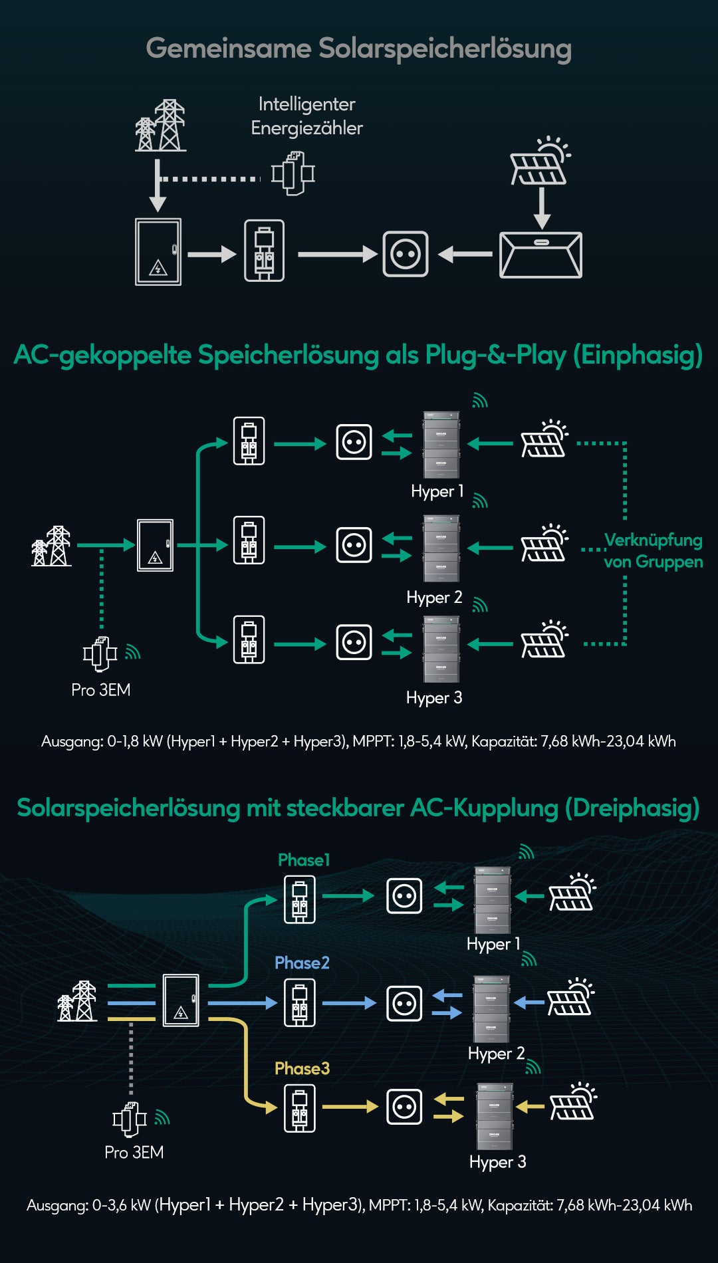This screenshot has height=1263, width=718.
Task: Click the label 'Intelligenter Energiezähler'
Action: pyautogui.click(x=306, y=116)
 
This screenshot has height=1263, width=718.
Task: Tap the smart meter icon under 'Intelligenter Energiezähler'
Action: pyautogui.click(x=293, y=173)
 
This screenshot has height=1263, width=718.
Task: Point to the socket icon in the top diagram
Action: pyautogui.click(x=406, y=254)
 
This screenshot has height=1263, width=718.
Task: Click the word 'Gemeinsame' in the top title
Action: pyautogui.click(x=228, y=49)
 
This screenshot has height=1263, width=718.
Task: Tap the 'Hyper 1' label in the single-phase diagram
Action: pyautogui.click(x=437, y=491)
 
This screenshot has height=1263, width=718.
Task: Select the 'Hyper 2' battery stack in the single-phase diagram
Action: pyautogui.click(x=441, y=548)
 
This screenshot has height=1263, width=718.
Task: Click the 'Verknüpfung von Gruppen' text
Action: pyautogui.click(x=653, y=550)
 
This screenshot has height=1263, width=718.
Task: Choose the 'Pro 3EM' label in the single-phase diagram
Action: pyautogui.click(x=101, y=690)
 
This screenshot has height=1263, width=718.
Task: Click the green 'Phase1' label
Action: pyautogui.click(x=304, y=860)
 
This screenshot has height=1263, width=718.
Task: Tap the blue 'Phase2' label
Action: pyautogui.click(x=302, y=963)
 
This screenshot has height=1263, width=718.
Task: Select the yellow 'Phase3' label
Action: pyautogui.click(x=302, y=1068)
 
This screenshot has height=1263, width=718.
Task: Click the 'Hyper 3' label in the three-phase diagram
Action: pyautogui.click(x=497, y=1162)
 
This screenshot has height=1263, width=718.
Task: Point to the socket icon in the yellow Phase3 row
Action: pyautogui.click(x=404, y=1107)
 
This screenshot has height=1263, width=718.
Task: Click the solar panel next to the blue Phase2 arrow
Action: pyautogui.click(x=570, y=998)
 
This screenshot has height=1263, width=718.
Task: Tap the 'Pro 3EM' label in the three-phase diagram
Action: pyautogui.click(x=134, y=1152)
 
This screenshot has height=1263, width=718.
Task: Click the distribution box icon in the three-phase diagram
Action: pyautogui.click(x=181, y=1000)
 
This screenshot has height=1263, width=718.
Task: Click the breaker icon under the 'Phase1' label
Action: pyautogui.click(x=300, y=899)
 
